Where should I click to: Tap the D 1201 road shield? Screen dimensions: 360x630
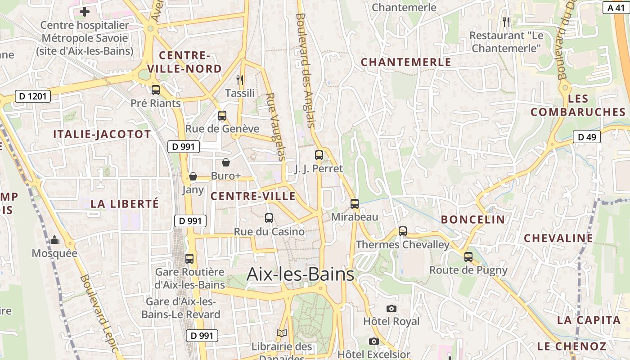33,96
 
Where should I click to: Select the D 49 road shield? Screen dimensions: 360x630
587,137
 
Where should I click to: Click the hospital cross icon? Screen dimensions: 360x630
84,12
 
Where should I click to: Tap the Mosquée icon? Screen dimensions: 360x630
55,240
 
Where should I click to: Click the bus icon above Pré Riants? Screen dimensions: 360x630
156,90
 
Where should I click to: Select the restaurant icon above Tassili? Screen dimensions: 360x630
240,80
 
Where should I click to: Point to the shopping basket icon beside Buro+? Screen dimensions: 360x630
226,162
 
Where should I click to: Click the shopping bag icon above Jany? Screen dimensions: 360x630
193,176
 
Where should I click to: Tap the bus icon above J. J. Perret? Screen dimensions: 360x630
319,155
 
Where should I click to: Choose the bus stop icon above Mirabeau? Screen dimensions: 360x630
355,203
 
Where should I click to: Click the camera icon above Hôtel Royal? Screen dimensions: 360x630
391,308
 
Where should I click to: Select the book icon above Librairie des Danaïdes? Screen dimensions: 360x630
282,333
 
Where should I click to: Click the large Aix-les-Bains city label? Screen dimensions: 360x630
301,274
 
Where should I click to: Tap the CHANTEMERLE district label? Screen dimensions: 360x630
406,62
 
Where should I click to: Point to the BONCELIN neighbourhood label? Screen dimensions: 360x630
473,220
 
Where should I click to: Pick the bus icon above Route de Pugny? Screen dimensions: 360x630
468,257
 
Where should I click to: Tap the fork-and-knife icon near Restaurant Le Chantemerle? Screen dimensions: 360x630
506,22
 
